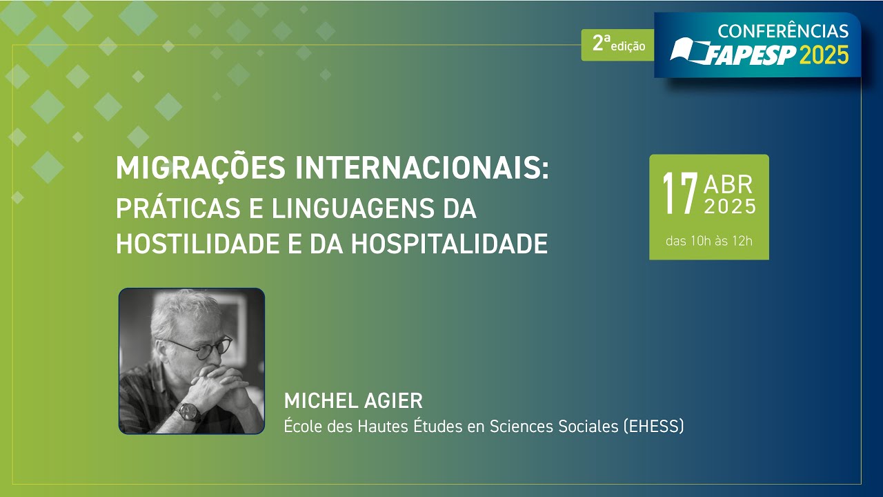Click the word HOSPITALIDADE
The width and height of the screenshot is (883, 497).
click(x=449, y=244)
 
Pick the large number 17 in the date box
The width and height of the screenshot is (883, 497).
click(x=680, y=194)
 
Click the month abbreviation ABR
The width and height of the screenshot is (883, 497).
click(x=728, y=184)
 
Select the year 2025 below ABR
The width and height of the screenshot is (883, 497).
click(x=730, y=206)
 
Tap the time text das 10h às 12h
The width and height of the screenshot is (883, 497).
click(x=709, y=241)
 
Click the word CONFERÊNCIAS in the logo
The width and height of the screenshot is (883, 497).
click(x=783, y=31)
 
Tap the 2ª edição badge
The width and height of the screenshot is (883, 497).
click(x=617, y=45)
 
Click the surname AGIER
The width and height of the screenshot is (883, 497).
click(x=393, y=401)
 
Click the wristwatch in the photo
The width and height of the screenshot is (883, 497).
click(x=188, y=412)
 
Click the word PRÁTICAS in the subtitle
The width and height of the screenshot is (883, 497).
click(x=178, y=208)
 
